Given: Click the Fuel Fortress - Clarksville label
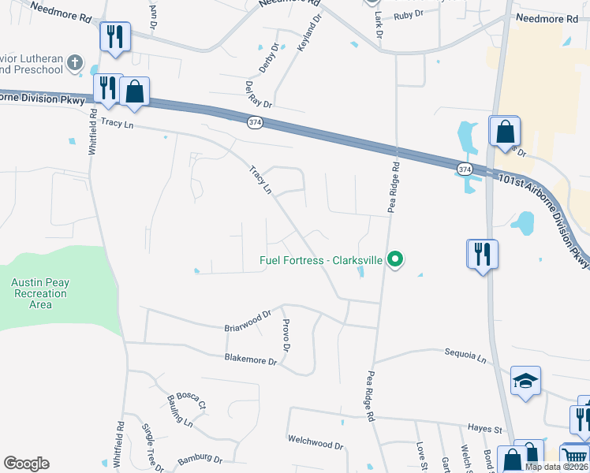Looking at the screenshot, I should (x=321, y=260).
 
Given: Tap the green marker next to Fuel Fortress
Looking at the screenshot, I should (x=397, y=259).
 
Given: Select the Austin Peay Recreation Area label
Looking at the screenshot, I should (x=39, y=293).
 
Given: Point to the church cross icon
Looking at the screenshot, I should (x=75, y=63).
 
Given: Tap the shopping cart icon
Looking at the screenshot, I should (x=574, y=456).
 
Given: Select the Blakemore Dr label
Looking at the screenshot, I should (x=251, y=361).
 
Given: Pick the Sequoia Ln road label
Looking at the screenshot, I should (x=465, y=356).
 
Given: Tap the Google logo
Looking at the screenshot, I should (x=26, y=464).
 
